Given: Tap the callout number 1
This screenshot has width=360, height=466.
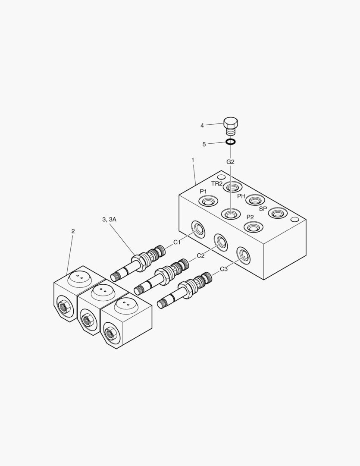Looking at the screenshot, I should click(193, 160).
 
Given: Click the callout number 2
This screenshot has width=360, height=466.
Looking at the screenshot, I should click(73, 231).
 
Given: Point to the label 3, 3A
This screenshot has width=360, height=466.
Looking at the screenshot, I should click(109, 220).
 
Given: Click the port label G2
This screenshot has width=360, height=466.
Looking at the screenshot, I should click(230, 162).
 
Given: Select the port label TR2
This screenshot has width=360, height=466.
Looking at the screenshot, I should click(217, 183).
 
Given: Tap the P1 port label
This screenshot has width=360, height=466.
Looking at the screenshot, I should click(203, 191).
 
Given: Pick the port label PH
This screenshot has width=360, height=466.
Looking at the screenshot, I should click(241, 196).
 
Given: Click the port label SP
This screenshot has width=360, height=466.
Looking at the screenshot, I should click(263, 208).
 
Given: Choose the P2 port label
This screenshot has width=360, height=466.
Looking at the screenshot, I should click(250, 217).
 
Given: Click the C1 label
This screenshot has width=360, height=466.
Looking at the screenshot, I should click(177, 242).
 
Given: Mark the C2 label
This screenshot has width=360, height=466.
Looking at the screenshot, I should click(200, 255).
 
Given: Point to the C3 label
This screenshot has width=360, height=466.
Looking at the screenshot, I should click(224, 269).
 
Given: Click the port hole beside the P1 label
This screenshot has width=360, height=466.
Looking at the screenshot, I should click(207, 201).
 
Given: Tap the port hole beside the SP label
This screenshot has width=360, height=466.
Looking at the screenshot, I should click(277, 213).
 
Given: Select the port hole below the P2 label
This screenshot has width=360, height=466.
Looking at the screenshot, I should click(253, 227).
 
